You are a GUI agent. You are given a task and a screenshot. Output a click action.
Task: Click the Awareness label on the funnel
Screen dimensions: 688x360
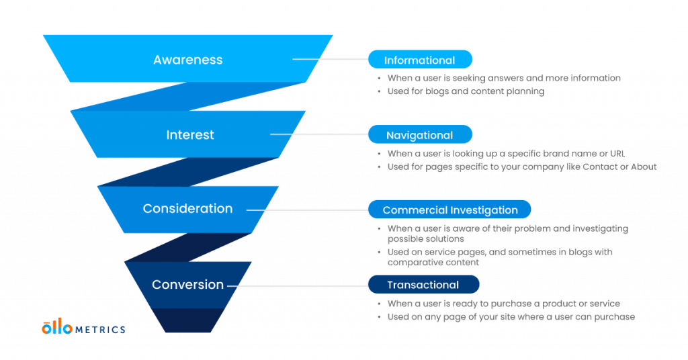[x=188, y=60]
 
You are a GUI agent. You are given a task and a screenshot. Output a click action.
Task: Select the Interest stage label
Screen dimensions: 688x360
[x=190, y=134]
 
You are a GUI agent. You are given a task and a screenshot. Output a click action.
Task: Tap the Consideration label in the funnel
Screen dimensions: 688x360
[x=188, y=208]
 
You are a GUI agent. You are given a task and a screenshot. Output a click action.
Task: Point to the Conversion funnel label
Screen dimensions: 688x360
[x=188, y=285]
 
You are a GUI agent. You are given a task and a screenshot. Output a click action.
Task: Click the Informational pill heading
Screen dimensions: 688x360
[x=420, y=60]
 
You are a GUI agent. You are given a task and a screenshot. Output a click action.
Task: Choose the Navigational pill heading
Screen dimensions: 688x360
[x=420, y=134]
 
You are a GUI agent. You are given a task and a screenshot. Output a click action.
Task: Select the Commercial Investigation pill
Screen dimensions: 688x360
[x=449, y=210]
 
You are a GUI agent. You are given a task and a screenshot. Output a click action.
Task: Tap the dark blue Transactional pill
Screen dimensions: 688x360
[x=423, y=285]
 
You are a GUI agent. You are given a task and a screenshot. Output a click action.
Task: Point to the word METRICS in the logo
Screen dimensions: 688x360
[x=101, y=330]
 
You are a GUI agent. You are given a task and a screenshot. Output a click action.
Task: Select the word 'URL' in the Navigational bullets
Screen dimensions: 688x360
[x=617, y=154]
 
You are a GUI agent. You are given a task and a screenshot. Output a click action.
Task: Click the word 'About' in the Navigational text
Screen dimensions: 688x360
[x=644, y=167]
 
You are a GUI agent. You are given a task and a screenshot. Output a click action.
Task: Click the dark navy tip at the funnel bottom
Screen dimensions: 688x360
[x=188, y=320]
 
